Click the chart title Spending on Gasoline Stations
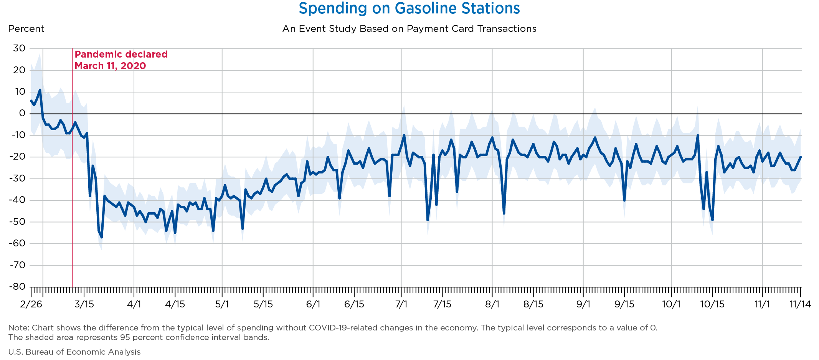(x=409, y=8)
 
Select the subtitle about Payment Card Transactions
(x=409, y=29)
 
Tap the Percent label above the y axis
(x=26, y=29)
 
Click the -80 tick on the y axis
(x=17, y=287)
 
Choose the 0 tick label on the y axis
(x=22, y=114)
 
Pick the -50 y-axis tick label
(x=17, y=222)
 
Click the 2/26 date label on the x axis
(x=31, y=304)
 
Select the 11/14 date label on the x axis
(x=800, y=304)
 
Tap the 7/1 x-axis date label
(x=401, y=304)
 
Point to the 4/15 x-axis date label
(x=175, y=304)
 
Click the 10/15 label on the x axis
(x=712, y=304)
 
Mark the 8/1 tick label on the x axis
(x=492, y=304)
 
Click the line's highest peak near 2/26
(x=40, y=90)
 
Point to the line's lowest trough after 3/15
(x=102, y=237)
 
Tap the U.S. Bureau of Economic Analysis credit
(x=74, y=352)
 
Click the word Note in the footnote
(x=16, y=328)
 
